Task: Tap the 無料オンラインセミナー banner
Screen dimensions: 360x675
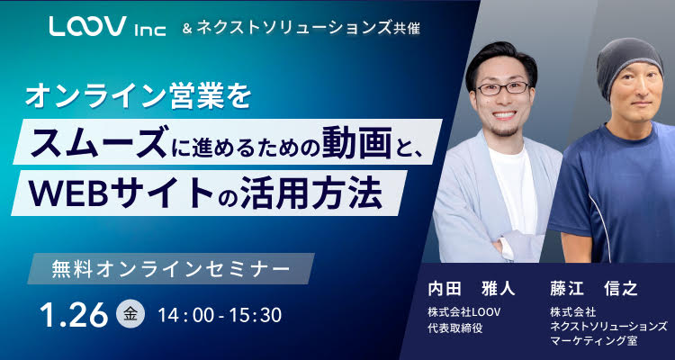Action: pyautogui.click(x=169, y=268)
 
